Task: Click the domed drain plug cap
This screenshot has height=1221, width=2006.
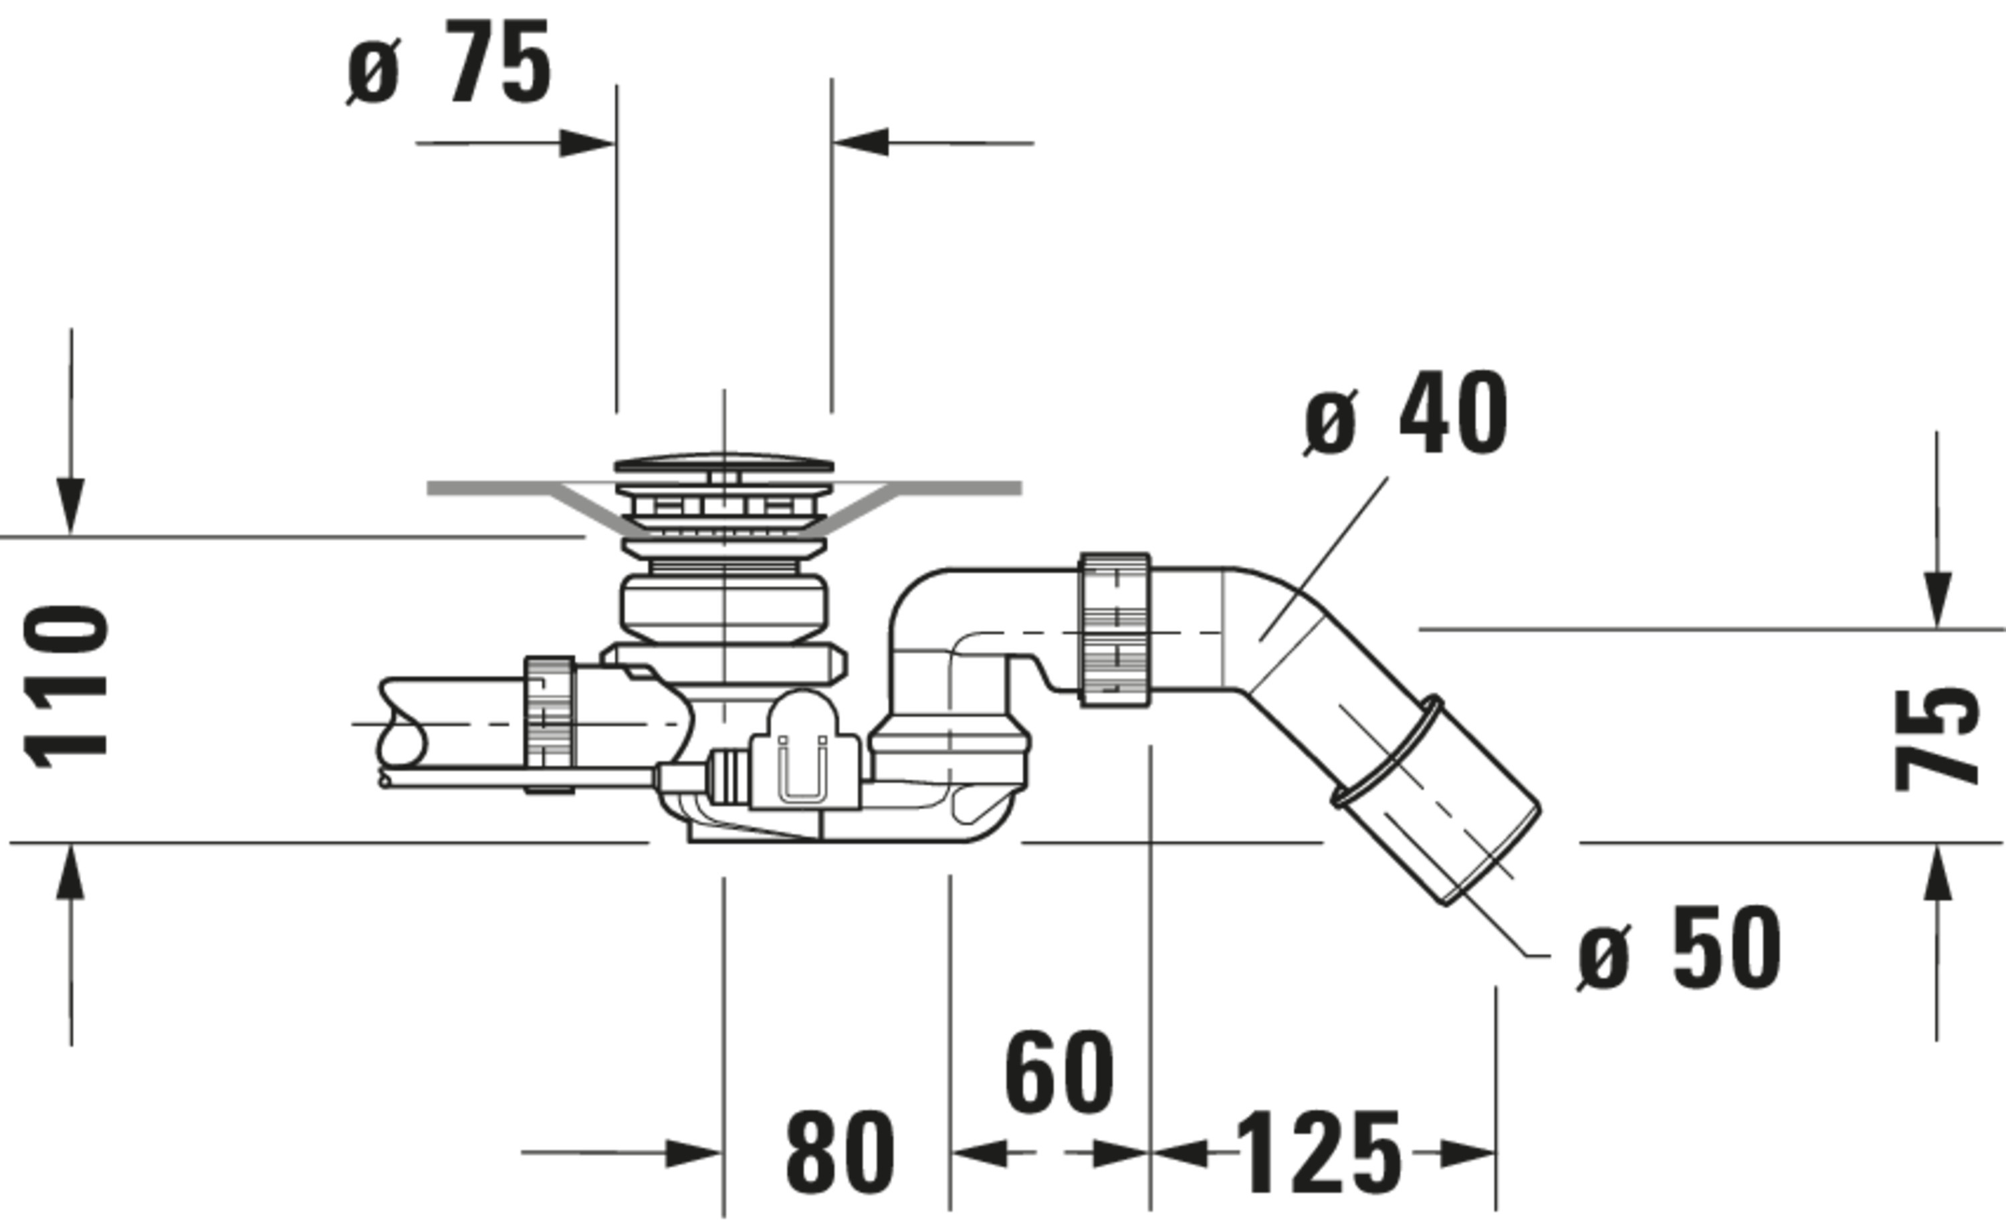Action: pyautogui.click(x=723, y=464)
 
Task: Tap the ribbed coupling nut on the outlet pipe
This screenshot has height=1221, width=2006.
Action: pyautogui.click(x=1115, y=629)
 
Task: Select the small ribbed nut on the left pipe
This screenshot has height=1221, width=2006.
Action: pyautogui.click(x=550, y=713)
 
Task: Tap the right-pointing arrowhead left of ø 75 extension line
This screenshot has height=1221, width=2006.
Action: pyautogui.click(x=586, y=144)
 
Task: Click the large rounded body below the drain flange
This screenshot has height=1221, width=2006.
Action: pyautogui.click(x=723, y=606)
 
